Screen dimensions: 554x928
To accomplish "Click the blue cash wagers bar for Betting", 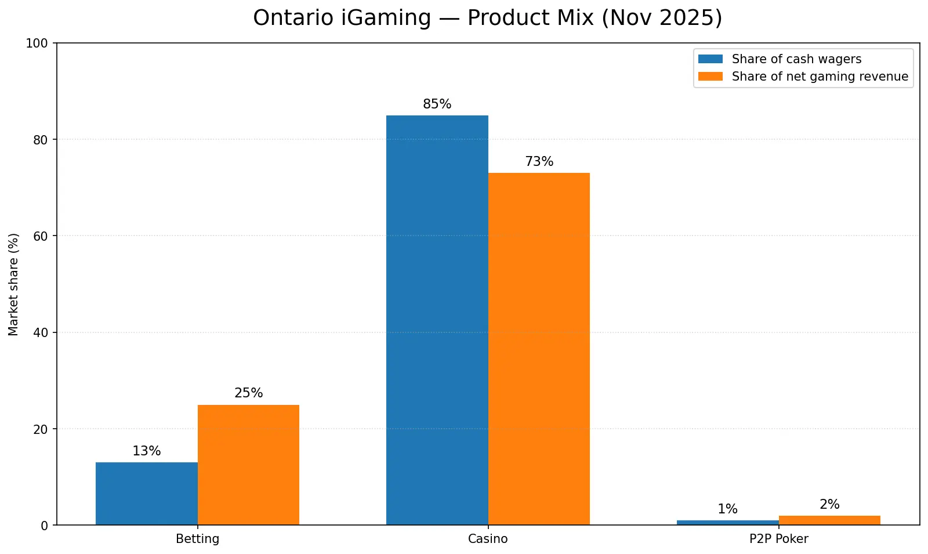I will tap(147, 494).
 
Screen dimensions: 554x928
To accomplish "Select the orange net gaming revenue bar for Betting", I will tap(248, 465).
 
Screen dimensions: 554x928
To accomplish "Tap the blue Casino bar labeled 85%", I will tap(437, 320).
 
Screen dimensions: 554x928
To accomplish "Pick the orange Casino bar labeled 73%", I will tap(539, 349).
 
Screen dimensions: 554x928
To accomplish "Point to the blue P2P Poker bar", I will tap(727, 523).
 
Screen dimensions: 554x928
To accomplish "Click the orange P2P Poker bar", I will tap(829, 520).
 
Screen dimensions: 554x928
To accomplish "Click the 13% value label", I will tap(147, 451).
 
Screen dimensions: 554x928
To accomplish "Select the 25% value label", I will tap(248, 393).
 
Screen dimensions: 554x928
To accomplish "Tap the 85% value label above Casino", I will tap(437, 104).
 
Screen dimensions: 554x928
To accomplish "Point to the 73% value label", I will tap(539, 161).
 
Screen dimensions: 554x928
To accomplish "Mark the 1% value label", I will tap(727, 509).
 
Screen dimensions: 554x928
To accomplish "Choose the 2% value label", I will tap(829, 504).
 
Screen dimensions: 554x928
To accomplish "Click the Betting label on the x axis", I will tap(198, 539).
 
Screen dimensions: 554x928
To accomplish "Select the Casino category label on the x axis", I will tap(488, 539).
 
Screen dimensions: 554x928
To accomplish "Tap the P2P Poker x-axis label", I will tap(778, 539).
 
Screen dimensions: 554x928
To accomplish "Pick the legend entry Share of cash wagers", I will tap(796, 59).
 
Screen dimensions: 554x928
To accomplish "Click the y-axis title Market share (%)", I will tap(14, 284).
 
